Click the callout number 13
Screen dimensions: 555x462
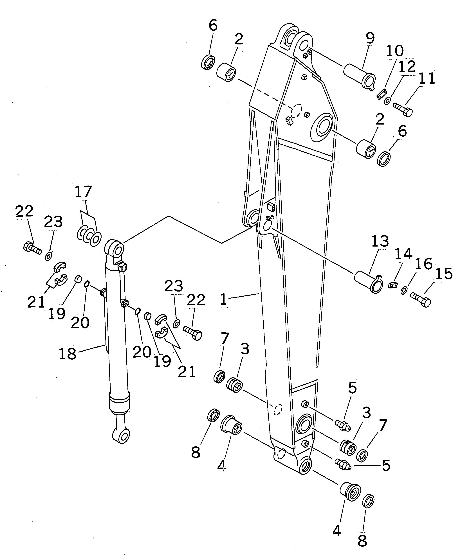pyautogui.click(x=380, y=241)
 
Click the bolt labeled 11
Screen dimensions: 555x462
pyautogui.click(x=403, y=109)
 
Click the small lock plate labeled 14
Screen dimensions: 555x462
pyautogui.click(x=393, y=285)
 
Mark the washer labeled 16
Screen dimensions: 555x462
pyautogui.click(x=404, y=291)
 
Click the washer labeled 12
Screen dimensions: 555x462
pyautogui.click(x=388, y=101)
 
